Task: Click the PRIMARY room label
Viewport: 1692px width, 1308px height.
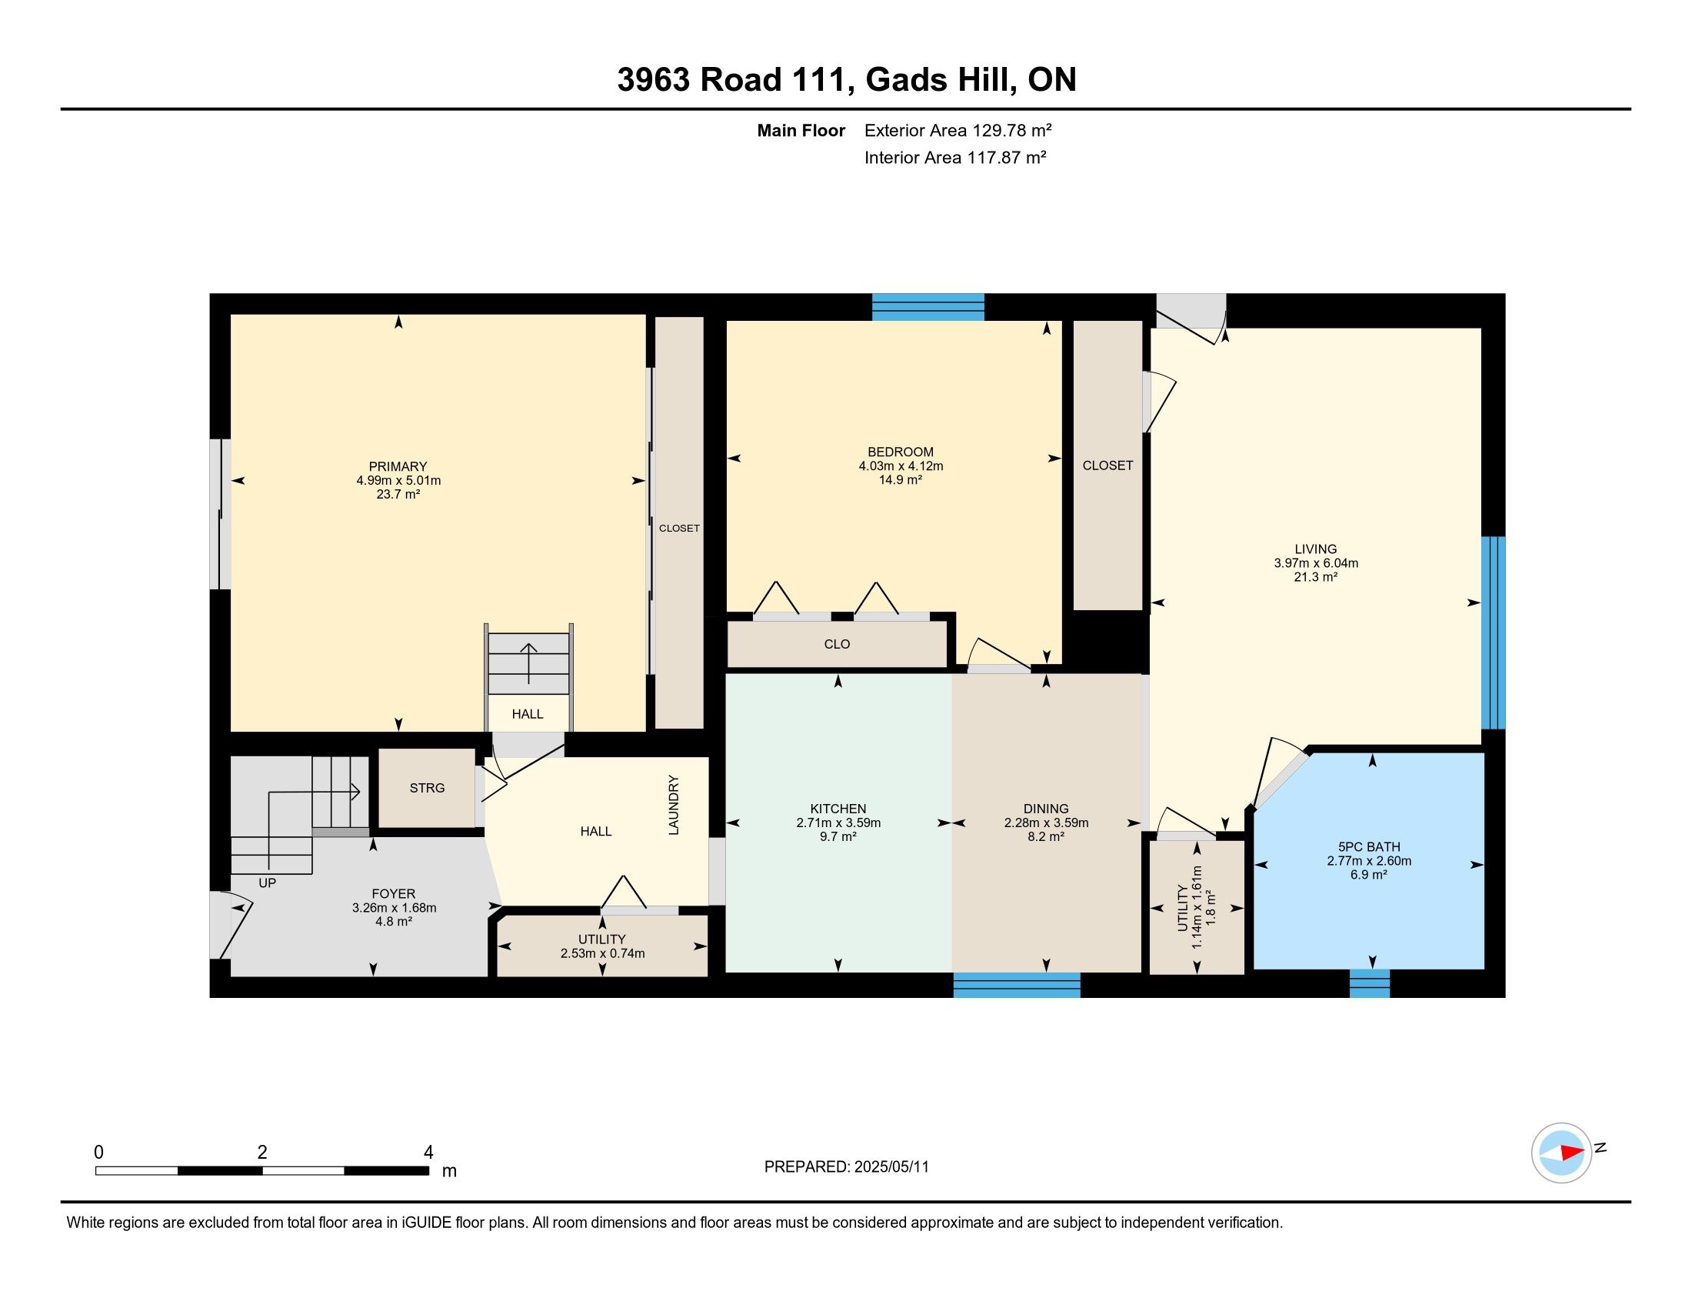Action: pyautogui.click(x=398, y=466)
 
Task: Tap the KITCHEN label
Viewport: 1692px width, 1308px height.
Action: pyautogui.click(x=838, y=809)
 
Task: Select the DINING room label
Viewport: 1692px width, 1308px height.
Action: pyautogui.click(x=1046, y=809)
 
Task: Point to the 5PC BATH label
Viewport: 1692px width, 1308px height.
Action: pyautogui.click(x=1369, y=847)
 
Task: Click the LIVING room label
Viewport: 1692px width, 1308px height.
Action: pyautogui.click(x=1315, y=549)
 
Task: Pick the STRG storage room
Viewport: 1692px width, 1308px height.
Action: pyautogui.click(x=427, y=788)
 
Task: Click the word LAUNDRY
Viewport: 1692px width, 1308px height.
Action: pyautogui.click(x=674, y=805)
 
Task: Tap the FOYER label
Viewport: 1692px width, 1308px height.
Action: pyautogui.click(x=394, y=893)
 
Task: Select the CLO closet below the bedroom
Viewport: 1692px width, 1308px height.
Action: pyautogui.click(x=837, y=644)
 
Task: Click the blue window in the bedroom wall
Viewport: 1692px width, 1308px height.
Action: pyautogui.click(x=928, y=307)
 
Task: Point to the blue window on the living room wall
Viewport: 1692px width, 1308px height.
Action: pyautogui.click(x=1493, y=633)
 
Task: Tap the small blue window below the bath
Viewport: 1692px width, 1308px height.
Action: pyautogui.click(x=1370, y=983)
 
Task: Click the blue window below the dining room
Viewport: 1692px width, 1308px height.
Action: pyautogui.click(x=1017, y=985)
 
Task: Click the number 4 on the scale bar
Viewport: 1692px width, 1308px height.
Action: pyautogui.click(x=428, y=1153)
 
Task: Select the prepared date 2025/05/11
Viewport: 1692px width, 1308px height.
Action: pyautogui.click(x=891, y=1167)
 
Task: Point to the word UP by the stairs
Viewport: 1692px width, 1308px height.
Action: pyautogui.click(x=268, y=883)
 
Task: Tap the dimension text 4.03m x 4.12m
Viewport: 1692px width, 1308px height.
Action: pyautogui.click(x=901, y=465)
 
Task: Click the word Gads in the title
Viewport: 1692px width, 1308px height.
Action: pyautogui.click(x=909, y=80)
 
